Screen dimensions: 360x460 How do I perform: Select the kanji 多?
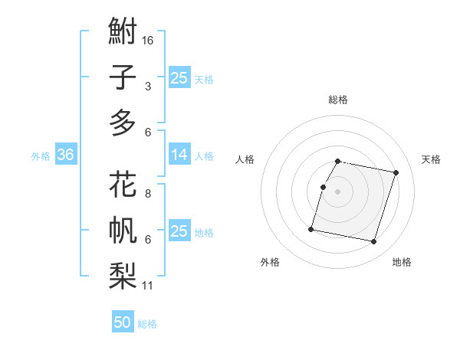click(123, 123)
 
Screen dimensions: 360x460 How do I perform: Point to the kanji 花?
click(123, 186)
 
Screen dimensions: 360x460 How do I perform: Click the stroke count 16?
click(149, 40)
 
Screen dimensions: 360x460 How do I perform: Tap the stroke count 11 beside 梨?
click(149, 286)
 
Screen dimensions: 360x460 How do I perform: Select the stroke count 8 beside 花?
click(147, 194)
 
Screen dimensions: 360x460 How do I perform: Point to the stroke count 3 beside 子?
click(147, 87)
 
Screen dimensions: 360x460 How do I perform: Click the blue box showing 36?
click(65, 155)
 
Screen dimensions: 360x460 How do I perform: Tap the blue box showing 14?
click(179, 155)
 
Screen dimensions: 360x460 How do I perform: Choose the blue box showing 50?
click(123, 322)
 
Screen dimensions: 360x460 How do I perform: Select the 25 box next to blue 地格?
click(179, 232)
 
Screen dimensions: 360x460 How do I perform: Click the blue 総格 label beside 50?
click(147, 324)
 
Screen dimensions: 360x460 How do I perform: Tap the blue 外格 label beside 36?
click(41, 156)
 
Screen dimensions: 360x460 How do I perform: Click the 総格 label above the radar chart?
click(338, 100)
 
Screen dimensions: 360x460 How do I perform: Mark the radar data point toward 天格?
click(396, 173)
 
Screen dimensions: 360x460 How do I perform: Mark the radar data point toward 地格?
click(373, 242)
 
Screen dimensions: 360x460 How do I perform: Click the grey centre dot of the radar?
click(338, 191)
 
